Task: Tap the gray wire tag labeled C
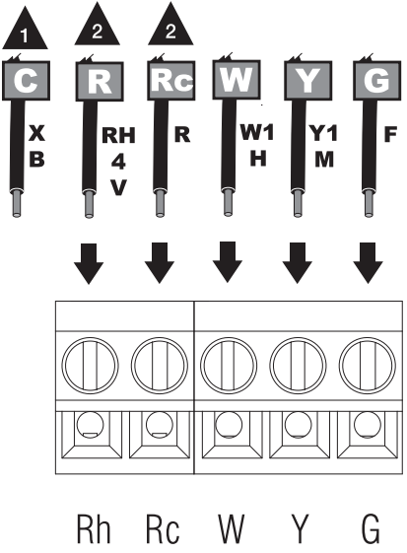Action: [x=26, y=81]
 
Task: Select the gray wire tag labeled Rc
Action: [x=171, y=81]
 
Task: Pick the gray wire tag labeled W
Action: [x=237, y=80]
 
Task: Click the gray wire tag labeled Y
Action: [x=307, y=81]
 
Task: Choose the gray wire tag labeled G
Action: [x=376, y=81]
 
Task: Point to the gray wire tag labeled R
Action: [x=100, y=82]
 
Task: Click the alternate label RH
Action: [x=118, y=135]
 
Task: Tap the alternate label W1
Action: [x=257, y=133]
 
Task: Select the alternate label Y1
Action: [x=324, y=134]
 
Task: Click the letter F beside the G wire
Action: [x=391, y=134]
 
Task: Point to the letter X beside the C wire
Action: [x=36, y=133]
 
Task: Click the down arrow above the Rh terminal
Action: [x=89, y=263]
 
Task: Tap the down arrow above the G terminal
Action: [x=369, y=263]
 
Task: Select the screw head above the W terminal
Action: [x=229, y=366]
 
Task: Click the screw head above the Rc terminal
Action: [x=160, y=366]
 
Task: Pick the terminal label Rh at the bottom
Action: [x=94, y=529]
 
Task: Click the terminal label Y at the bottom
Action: [x=301, y=529]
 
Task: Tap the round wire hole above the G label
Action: [x=368, y=425]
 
